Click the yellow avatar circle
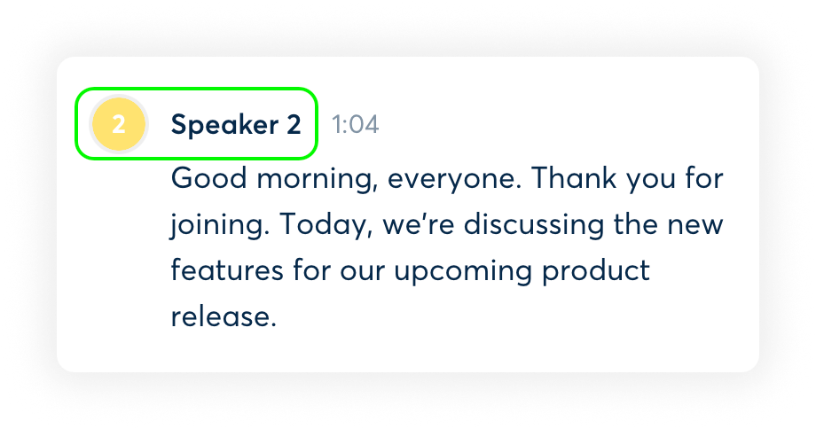pyautogui.click(x=119, y=124)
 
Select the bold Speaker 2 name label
pyautogui.click(x=236, y=125)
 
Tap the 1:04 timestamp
pyautogui.click(x=356, y=125)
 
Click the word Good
pyautogui.click(x=208, y=178)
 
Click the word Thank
pyautogui.click(x=574, y=178)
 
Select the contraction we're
pyautogui.click(x=419, y=224)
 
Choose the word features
pyautogui.click(x=227, y=271)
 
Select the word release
pyautogui.click(x=224, y=316)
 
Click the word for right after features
pyautogui.click(x=311, y=270)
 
